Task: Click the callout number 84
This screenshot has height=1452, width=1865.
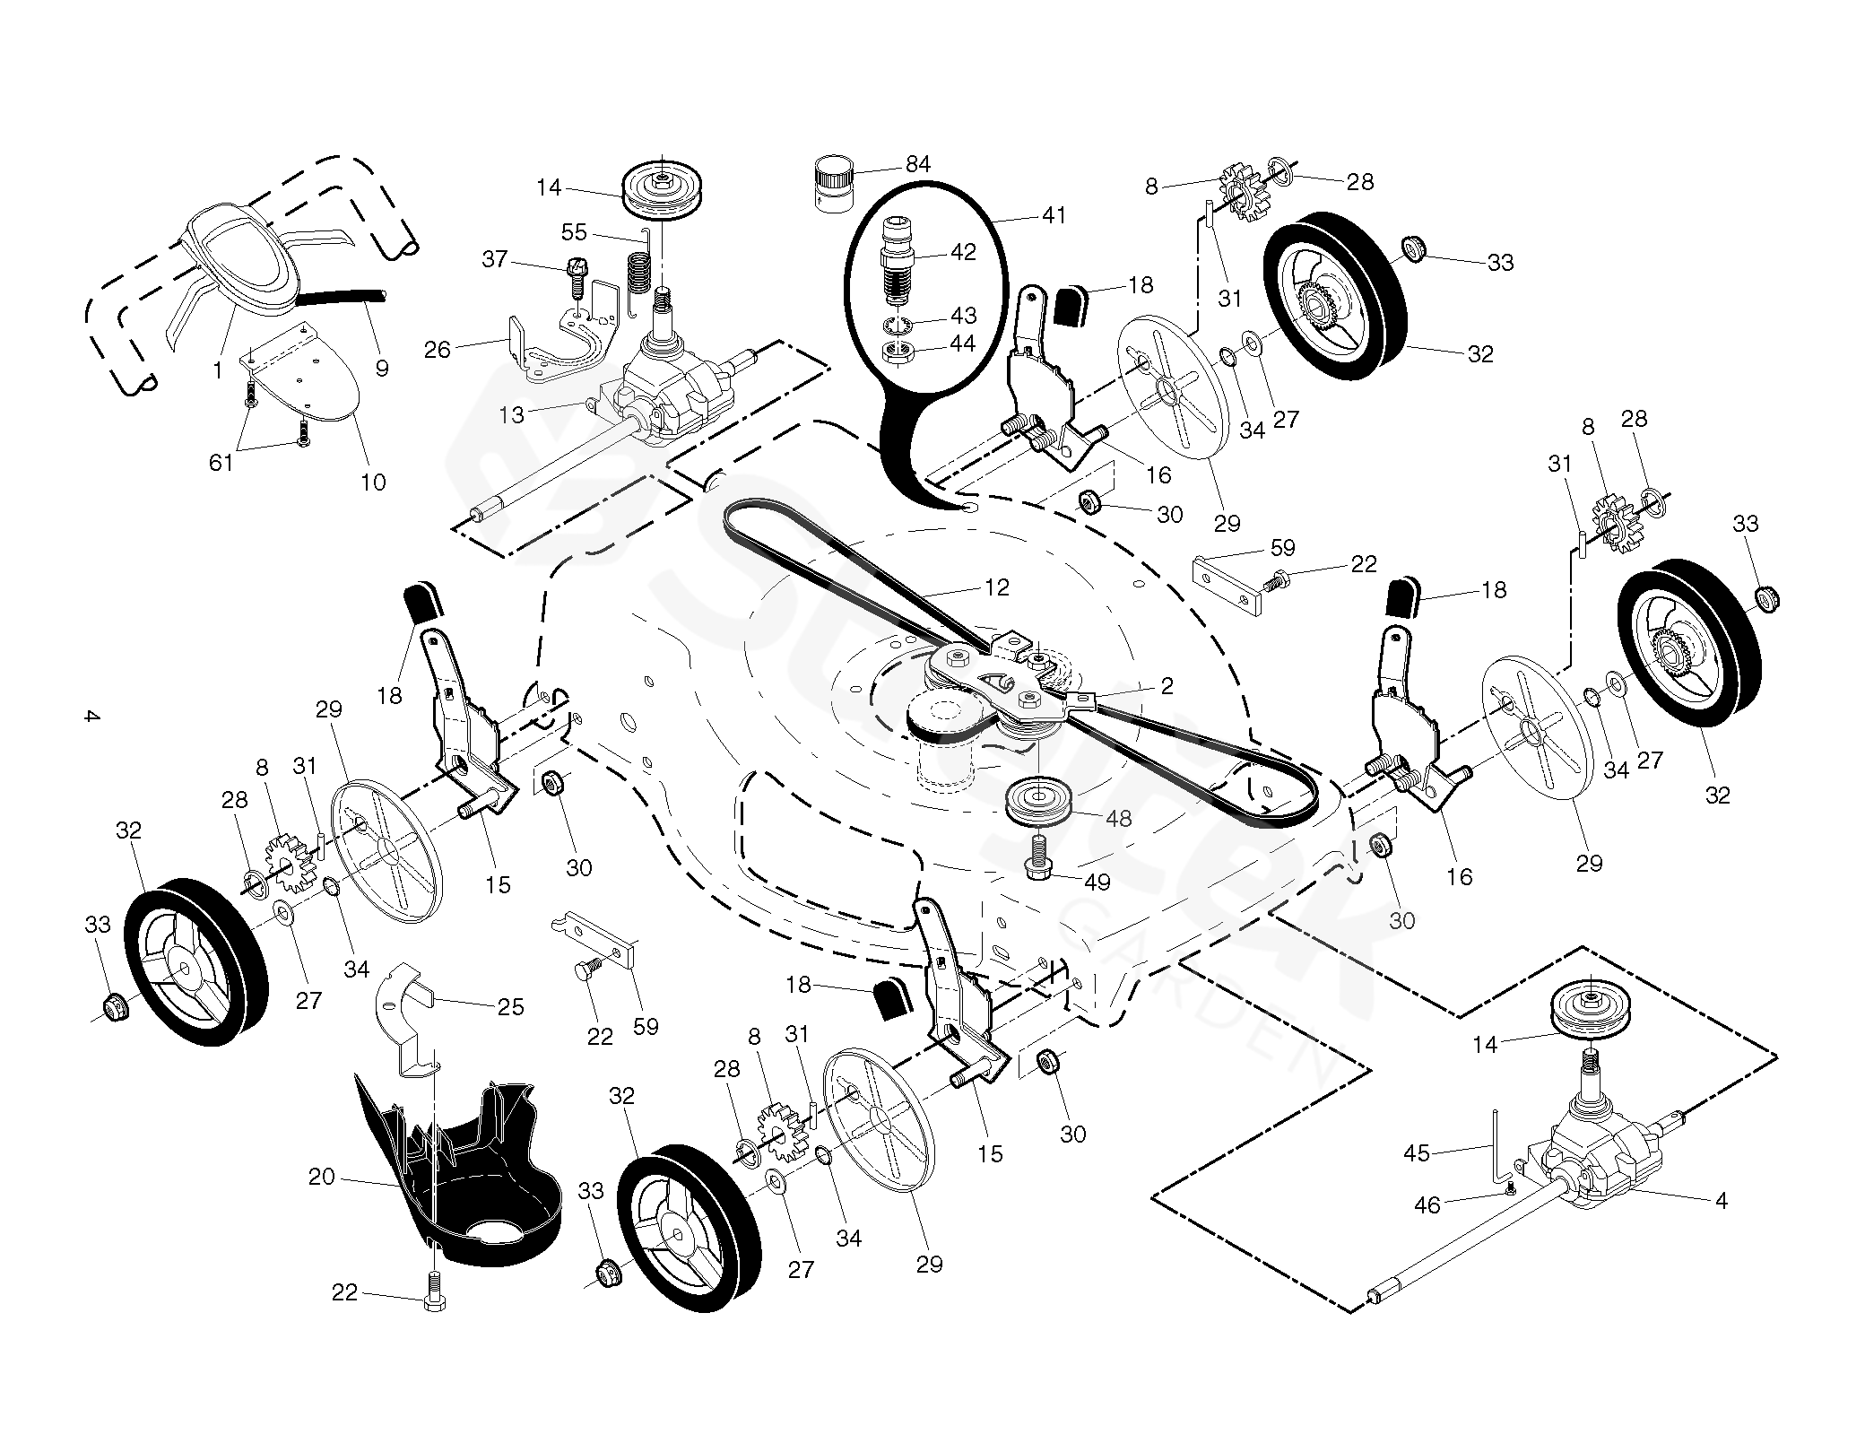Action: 917,164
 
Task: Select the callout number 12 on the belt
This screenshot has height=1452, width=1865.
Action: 996,587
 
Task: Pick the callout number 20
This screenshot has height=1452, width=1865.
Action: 321,1177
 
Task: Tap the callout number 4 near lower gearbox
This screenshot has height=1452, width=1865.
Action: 1721,1200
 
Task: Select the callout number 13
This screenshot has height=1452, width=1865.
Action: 511,413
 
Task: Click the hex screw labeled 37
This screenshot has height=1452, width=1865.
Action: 575,277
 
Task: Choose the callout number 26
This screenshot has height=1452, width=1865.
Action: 437,349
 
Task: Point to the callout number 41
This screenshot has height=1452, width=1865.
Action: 1054,215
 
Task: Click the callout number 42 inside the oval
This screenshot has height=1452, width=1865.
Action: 962,252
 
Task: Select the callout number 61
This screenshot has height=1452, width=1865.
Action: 221,463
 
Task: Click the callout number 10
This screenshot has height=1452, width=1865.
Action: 373,482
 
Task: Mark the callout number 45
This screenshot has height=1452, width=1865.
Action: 1417,1152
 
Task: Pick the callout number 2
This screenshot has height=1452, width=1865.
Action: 1167,686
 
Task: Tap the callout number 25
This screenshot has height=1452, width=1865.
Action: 510,1006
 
